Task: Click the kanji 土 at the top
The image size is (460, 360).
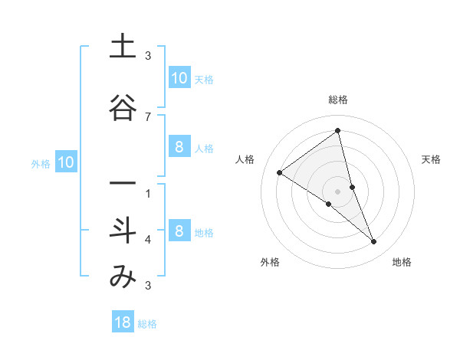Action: (123, 47)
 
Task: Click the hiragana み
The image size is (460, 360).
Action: (123, 277)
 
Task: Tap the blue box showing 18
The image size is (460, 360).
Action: (123, 322)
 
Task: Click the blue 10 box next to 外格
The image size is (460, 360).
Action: (66, 162)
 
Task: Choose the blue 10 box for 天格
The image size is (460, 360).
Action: (179, 78)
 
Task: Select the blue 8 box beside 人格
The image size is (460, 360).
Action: (179, 147)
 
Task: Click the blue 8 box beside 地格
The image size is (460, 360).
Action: (179, 231)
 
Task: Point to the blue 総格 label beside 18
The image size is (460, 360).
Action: (147, 324)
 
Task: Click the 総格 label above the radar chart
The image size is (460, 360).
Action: (337, 100)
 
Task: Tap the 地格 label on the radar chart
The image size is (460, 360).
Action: (402, 262)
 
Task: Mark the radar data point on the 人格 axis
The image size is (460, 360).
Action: (279, 173)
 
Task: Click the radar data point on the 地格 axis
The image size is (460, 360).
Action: (374, 242)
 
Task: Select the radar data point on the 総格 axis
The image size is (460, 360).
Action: (337, 131)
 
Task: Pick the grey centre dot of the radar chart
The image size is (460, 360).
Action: (337, 191)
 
